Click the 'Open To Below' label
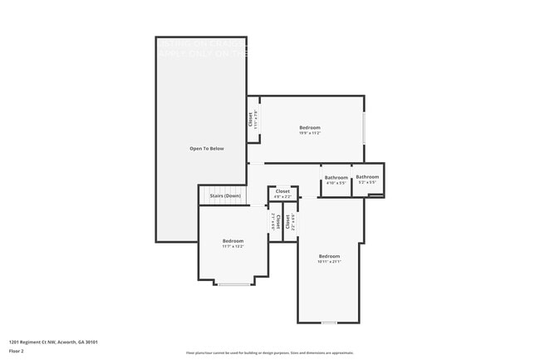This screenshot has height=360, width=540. click(207, 149)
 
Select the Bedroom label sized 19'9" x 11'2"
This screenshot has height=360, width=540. click(310, 127)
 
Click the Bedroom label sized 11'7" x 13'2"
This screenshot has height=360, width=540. click(233, 241)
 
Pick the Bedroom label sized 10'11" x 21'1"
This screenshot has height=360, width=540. click(329, 256)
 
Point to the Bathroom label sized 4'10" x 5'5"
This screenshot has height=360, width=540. click(336, 177)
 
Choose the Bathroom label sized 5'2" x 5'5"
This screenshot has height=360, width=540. click(367, 176)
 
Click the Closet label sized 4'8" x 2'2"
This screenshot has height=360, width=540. click(282, 191)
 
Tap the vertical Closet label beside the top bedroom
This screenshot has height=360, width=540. click(252, 119)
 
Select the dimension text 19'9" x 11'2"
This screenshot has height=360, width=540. click(310, 133)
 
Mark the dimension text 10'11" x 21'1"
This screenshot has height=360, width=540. click(329, 262)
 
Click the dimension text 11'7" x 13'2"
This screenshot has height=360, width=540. click(233, 247)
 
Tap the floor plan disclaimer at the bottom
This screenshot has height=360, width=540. click(270, 353)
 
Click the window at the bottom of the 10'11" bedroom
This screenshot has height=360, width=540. click(330, 322)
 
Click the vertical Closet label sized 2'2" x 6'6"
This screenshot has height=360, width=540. click(287, 222)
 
